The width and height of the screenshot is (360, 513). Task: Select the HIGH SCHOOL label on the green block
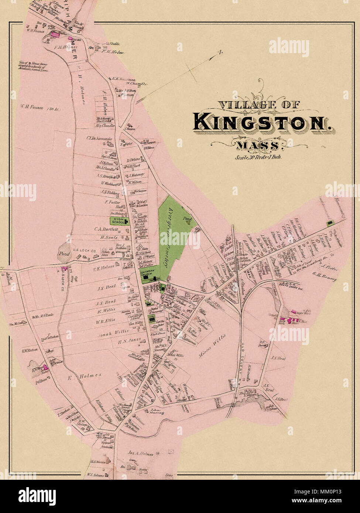click(117, 221)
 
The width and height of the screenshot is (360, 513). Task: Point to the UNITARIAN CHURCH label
click(150, 274)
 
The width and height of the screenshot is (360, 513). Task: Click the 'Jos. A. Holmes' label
click(141, 454)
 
